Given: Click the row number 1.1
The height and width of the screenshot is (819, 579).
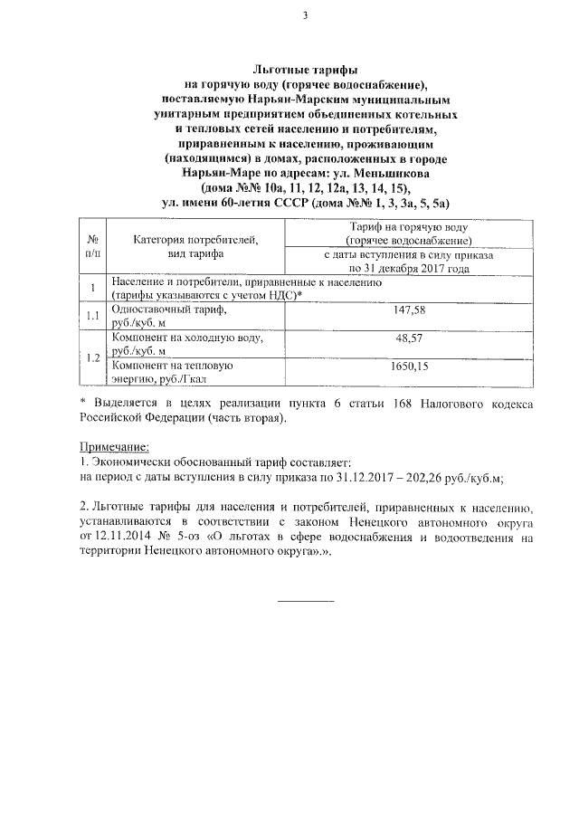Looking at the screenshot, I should tap(91, 316).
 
